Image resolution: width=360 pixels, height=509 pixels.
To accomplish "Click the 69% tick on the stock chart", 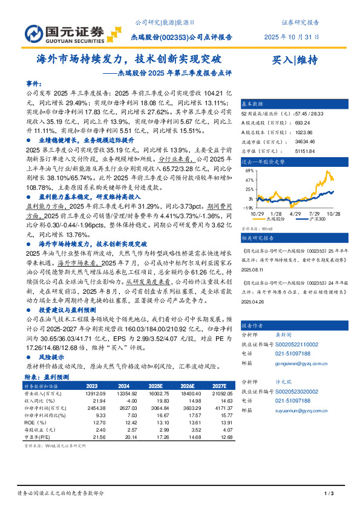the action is click(250, 171).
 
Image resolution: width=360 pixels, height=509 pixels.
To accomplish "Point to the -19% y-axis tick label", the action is click(249, 207).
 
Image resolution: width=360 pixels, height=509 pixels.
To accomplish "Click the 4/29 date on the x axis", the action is click(296, 213).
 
